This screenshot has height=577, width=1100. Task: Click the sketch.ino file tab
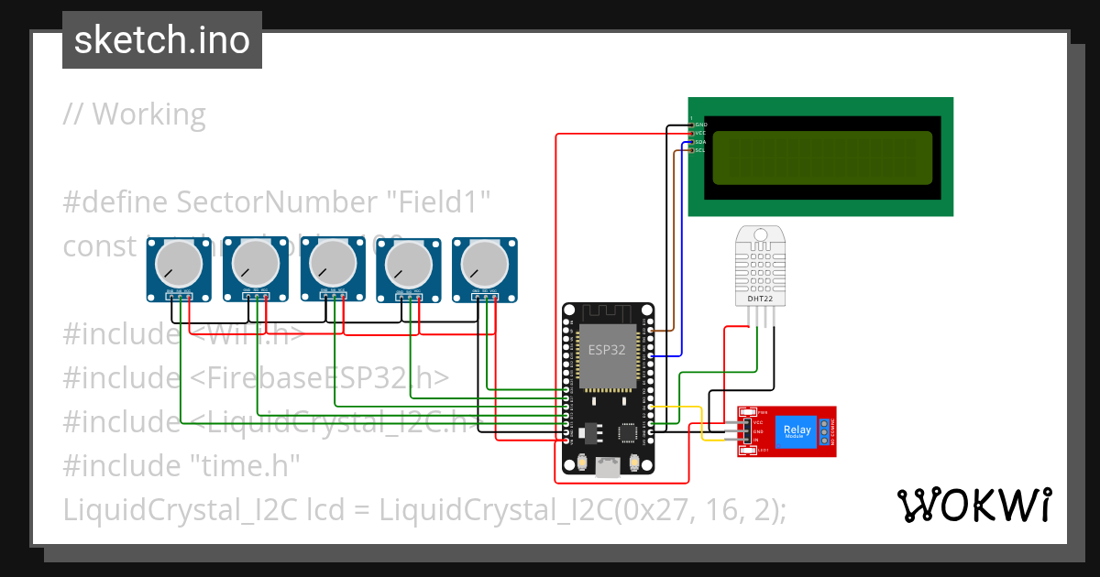point(161,40)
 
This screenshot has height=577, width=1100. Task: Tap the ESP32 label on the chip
point(606,349)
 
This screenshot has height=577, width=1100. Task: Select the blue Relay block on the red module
point(794,431)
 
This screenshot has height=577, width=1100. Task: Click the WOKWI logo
point(973,505)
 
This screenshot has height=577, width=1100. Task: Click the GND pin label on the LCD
point(700,124)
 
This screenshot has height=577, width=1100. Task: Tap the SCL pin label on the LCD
point(700,150)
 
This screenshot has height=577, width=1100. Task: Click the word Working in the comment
point(148,114)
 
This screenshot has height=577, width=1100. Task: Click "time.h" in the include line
point(245,465)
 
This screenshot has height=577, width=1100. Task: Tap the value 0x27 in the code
point(654,508)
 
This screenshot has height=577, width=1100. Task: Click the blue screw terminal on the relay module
point(825,431)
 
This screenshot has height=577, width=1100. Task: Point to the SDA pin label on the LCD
point(700,142)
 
